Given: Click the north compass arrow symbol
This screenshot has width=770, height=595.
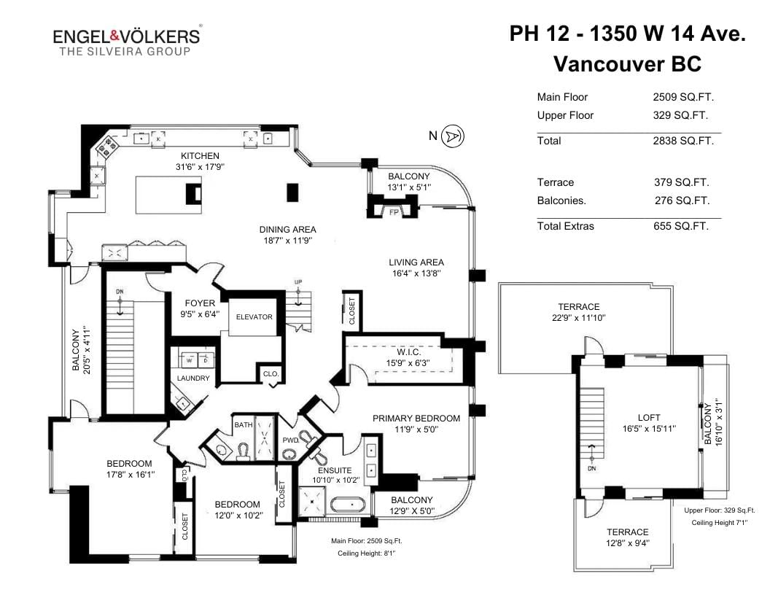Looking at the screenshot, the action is (452, 136).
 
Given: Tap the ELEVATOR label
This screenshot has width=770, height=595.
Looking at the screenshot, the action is (254, 317).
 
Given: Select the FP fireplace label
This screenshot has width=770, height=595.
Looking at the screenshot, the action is (394, 213).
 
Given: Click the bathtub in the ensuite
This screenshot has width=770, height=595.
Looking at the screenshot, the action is (348, 505).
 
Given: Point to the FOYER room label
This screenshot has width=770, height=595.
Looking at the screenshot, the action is (200, 303).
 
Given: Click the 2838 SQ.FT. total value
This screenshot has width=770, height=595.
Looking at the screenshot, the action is (683, 141).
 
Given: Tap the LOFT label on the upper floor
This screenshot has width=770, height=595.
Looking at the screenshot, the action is (649, 417).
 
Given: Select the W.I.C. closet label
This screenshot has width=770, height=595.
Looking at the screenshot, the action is (408, 352).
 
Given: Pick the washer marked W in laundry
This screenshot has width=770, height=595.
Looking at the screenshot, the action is (189, 360).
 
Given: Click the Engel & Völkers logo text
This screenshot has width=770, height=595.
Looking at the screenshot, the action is (127, 36).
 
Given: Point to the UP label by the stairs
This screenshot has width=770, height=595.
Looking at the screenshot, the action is (298, 281).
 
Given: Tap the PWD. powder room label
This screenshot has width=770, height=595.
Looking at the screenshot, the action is (291, 440).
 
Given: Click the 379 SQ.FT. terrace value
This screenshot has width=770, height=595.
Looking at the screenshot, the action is (682, 182).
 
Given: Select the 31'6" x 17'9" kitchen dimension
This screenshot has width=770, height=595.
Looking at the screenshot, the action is (200, 167).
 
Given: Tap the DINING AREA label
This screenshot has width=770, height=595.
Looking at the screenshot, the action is (288, 229).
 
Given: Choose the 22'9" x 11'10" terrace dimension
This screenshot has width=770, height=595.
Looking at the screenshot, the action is (578, 318).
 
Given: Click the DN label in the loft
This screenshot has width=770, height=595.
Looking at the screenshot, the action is (592, 469).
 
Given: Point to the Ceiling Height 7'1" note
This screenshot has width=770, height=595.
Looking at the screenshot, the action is (720, 523).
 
